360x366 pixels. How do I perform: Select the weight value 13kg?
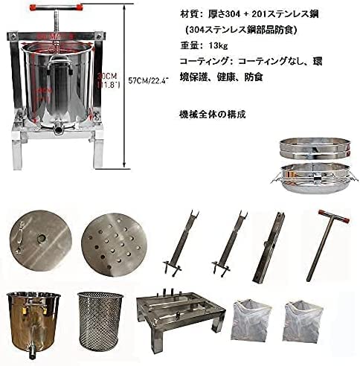[x=210, y=46]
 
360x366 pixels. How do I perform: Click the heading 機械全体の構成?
[x=212, y=115]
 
